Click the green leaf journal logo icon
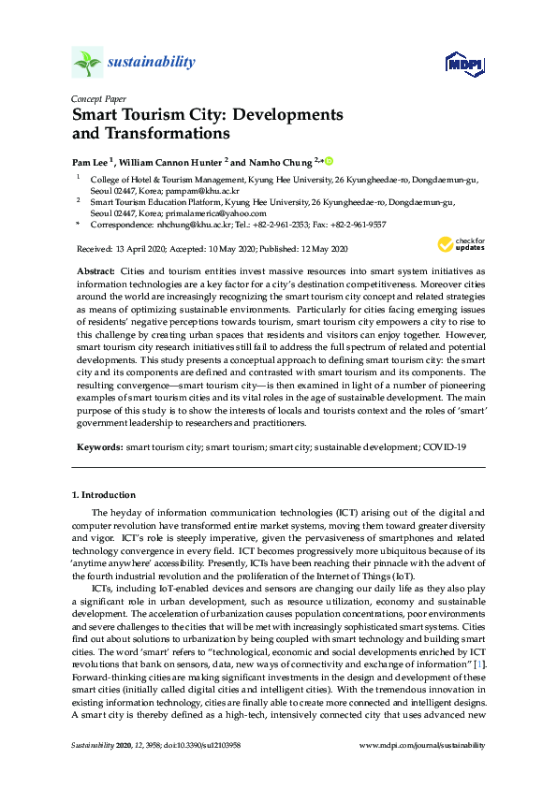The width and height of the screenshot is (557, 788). (x=87, y=63)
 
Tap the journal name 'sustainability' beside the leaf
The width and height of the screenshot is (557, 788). (x=152, y=63)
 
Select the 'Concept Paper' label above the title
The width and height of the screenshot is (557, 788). (x=98, y=98)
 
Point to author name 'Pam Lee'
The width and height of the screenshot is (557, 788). (x=92, y=162)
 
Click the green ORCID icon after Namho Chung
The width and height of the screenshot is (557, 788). (x=330, y=161)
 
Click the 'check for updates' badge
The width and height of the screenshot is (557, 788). (x=457, y=245)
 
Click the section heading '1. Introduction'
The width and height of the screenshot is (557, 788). (x=104, y=494)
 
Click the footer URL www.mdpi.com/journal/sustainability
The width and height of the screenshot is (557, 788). (x=422, y=746)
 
